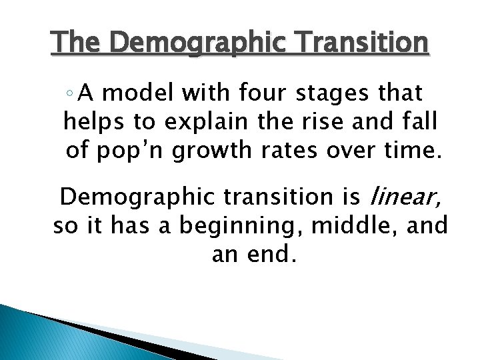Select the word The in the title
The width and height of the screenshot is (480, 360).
pyautogui.click(x=76, y=43)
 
